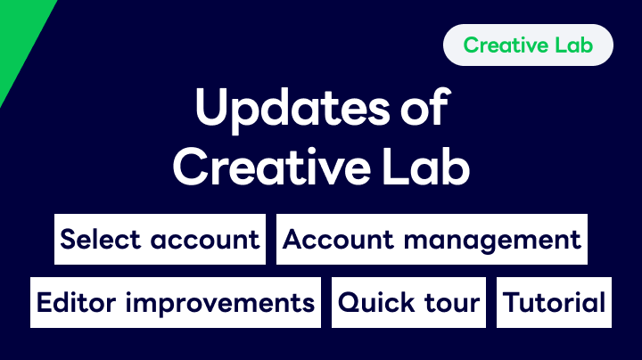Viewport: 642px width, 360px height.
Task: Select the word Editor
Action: pyautogui.click(x=76, y=303)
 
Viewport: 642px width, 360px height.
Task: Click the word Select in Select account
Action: pyautogui.click(x=100, y=239)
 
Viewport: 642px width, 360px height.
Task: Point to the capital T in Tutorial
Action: pyautogui.click(x=511, y=303)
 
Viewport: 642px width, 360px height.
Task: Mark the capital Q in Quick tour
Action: pyautogui.click(x=350, y=303)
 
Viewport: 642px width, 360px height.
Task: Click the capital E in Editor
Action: pyautogui.click(x=44, y=303)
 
